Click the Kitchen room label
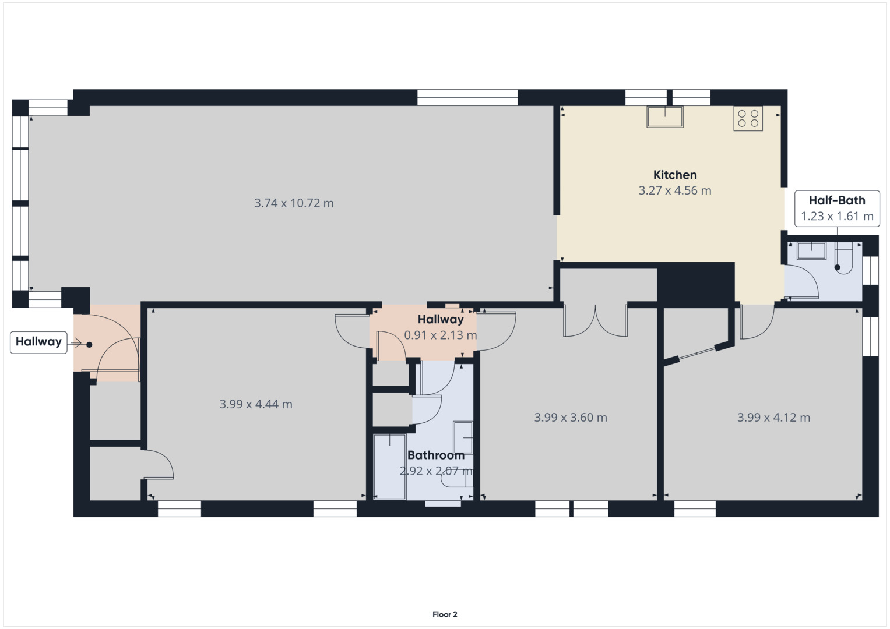[674, 175]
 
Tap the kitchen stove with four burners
[748, 118]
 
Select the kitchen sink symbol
[664, 116]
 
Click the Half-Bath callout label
[837, 200]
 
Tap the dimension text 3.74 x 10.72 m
[294, 203]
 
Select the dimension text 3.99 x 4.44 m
[256, 404]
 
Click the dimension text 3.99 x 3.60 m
[571, 418]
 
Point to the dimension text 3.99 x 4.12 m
[773, 418]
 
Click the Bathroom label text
[435, 455]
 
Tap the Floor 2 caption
[445, 614]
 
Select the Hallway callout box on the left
[38, 342]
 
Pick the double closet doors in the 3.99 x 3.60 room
[595, 321]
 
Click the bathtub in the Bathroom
[389, 467]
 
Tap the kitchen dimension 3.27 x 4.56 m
[675, 190]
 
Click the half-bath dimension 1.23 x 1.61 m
[837, 217]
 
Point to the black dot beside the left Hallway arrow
[89, 345]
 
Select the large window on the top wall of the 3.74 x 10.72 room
[467, 97]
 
